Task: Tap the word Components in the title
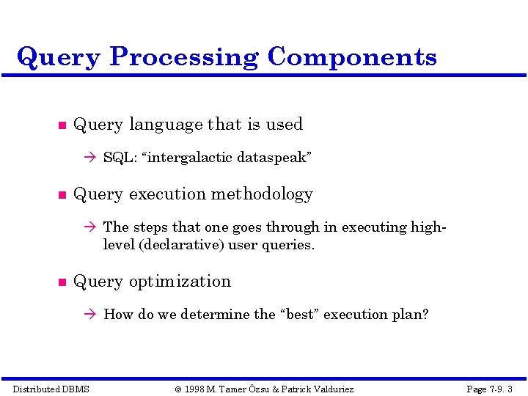tap(352, 56)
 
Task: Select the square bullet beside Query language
tap(62, 125)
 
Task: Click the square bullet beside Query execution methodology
tap(62, 195)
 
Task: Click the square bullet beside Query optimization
tap(62, 282)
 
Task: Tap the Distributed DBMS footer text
tap(51, 389)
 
